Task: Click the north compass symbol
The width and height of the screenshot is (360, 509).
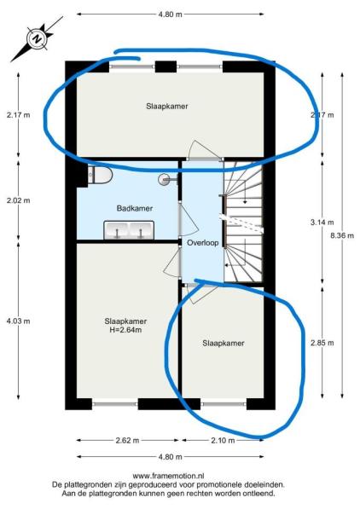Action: [38, 38]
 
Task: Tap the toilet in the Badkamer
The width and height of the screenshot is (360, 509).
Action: [100, 175]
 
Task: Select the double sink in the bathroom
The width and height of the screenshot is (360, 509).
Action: [129, 230]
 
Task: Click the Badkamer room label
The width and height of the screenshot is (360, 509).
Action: [135, 208]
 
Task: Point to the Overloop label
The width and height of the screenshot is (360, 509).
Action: [203, 242]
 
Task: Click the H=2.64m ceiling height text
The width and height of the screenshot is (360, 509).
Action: [125, 330]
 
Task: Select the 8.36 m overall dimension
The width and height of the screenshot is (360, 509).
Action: [342, 235]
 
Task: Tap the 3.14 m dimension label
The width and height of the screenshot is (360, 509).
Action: [322, 223]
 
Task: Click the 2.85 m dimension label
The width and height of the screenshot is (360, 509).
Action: [322, 343]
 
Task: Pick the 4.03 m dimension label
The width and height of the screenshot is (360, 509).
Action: [18, 321]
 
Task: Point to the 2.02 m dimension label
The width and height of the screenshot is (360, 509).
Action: [18, 200]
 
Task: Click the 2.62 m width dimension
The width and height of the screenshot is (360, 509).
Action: [127, 441]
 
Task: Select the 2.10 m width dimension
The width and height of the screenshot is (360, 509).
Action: [223, 441]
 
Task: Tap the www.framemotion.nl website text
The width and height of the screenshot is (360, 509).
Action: [168, 477]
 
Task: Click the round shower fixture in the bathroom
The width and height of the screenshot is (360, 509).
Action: [165, 179]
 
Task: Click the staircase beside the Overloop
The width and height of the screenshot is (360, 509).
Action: [243, 223]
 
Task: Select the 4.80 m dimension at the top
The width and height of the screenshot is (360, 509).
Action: [171, 14]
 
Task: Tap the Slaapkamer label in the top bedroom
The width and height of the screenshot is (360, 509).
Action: [167, 107]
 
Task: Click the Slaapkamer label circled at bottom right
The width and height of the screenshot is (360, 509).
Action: [224, 343]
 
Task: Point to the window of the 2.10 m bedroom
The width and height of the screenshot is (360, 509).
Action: [224, 404]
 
